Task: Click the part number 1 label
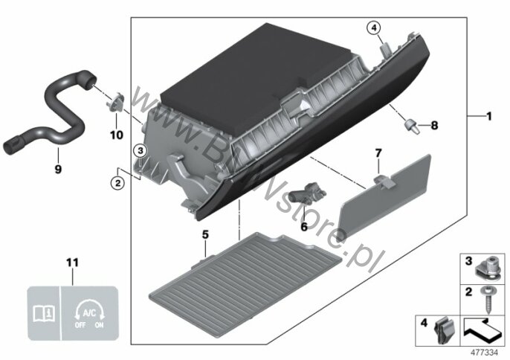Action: coord(489,117)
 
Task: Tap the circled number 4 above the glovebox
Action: coord(373,28)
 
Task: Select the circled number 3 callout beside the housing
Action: coord(140,151)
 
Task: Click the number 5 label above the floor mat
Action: coord(204,235)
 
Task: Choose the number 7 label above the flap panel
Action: coord(378,153)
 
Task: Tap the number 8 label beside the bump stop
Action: coord(435,125)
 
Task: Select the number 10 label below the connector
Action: coord(114,136)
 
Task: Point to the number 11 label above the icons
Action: coord(72,263)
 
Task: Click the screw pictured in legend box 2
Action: coord(489,298)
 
